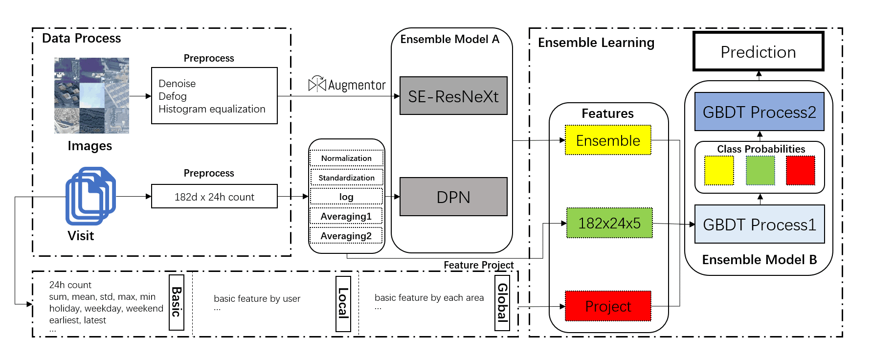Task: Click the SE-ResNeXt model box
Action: (453, 96)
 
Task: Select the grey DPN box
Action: (453, 197)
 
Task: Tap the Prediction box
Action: (758, 51)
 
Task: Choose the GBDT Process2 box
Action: (759, 112)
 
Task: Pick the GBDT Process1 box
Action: (759, 224)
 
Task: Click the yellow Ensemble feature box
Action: (608, 140)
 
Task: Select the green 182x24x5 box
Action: (609, 223)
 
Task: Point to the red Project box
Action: (608, 306)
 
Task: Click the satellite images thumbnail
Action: (91, 95)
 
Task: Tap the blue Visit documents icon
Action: (90, 196)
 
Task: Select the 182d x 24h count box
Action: (214, 197)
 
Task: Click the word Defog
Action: (173, 96)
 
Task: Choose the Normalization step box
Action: (346, 158)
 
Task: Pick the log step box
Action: (346, 197)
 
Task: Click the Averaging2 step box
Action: (346, 236)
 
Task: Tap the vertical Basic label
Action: (177, 302)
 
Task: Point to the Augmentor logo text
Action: (357, 85)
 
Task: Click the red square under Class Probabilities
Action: (800, 170)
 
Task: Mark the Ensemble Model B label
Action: (759, 259)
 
